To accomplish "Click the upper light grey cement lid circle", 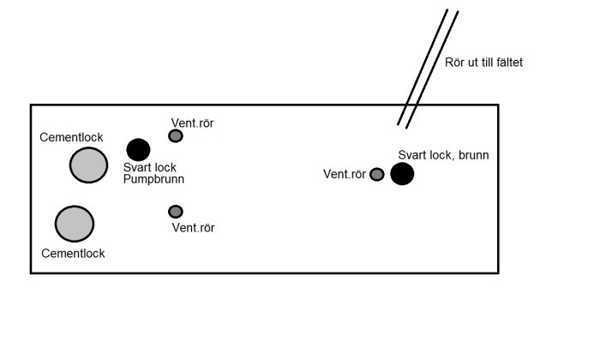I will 88,165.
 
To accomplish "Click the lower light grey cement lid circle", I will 75,224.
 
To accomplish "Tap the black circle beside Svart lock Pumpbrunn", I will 137,149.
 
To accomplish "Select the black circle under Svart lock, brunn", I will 402,174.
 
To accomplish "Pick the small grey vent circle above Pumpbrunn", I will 175,135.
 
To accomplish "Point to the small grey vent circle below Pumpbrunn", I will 176,211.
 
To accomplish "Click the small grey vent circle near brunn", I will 376,175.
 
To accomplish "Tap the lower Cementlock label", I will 73,253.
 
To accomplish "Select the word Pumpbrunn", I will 154,180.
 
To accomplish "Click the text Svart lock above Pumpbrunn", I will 150,168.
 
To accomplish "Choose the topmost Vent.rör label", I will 193,123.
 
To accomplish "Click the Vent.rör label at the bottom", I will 193,228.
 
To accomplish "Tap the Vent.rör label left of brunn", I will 344,175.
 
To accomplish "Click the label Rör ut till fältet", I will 484,63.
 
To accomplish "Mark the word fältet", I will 507,63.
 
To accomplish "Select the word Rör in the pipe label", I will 455,63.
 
